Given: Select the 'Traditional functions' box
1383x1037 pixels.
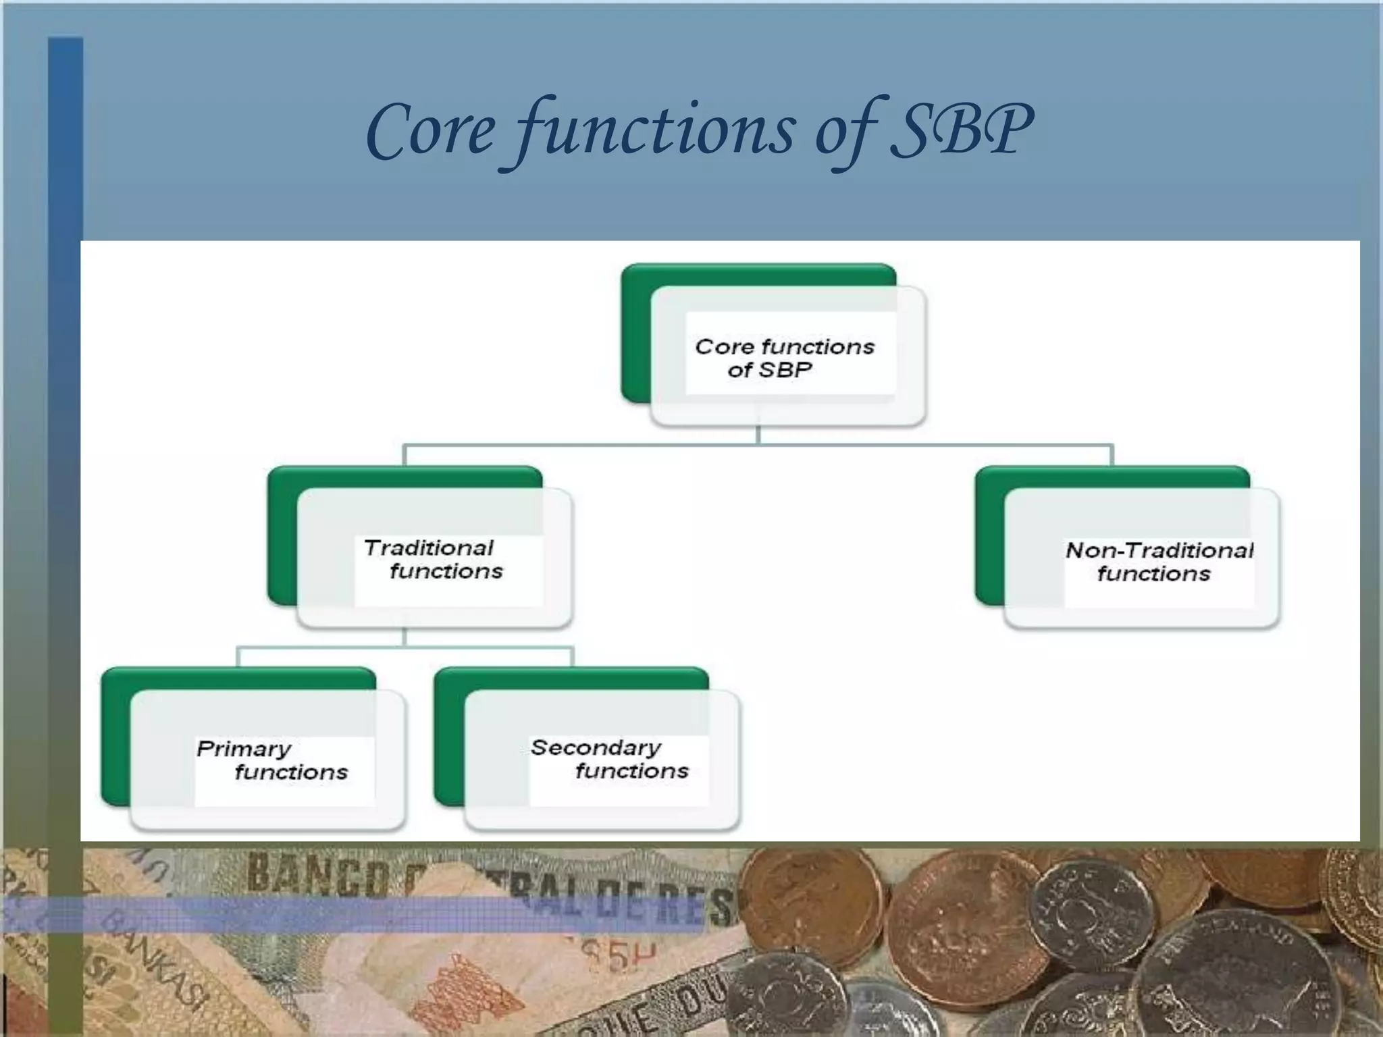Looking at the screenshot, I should [x=434, y=559].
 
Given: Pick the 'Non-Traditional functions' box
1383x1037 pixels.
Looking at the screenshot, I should [x=1141, y=560].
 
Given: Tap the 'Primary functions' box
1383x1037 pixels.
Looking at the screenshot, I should [x=268, y=760].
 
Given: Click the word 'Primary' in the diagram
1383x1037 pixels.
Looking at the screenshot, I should [x=244, y=749].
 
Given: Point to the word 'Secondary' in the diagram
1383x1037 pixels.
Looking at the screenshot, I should [x=596, y=747].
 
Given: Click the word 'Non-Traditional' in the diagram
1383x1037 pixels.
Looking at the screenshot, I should [x=1159, y=550].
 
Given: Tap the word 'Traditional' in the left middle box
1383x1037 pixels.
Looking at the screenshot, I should [x=428, y=548].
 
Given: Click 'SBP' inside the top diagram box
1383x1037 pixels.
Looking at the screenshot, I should [x=785, y=370].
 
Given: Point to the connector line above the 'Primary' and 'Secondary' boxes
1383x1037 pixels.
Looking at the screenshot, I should [x=405, y=647].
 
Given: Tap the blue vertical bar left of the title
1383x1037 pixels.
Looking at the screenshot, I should [x=65, y=135].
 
